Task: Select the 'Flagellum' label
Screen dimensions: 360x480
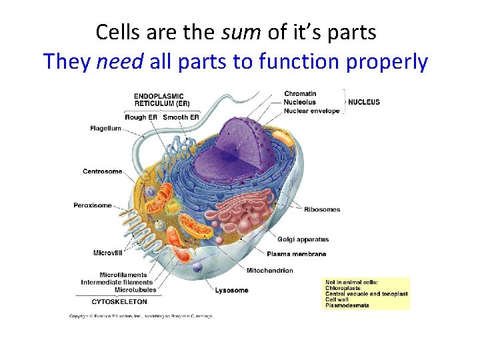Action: pos(105,128)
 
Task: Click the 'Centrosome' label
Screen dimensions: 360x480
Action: pos(102,171)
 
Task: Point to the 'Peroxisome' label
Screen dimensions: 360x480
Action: pos(93,205)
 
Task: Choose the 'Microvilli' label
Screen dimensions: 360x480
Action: pos(107,253)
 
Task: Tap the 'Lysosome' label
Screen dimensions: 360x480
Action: pos(231,290)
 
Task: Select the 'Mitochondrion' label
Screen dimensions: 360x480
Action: pos(269,271)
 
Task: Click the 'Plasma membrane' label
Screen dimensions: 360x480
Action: pos(296,254)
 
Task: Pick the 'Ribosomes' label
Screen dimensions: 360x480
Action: pos(322,209)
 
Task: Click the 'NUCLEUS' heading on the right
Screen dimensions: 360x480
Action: pos(363,102)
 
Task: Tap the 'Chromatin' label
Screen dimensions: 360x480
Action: pos(300,93)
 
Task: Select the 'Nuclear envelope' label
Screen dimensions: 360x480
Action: pos(311,111)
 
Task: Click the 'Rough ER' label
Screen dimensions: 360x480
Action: pos(141,117)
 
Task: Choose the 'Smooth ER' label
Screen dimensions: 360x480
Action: pos(181,117)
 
